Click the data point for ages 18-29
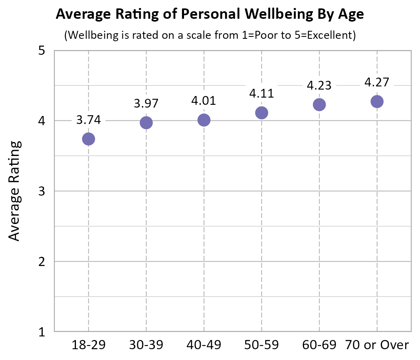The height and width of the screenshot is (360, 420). (x=88, y=139)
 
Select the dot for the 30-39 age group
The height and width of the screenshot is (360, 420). (x=146, y=123)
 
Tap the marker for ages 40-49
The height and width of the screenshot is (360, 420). (x=204, y=120)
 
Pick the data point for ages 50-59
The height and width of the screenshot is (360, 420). (x=262, y=113)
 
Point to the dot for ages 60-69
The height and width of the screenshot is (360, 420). (x=319, y=104)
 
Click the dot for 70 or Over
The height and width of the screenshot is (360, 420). (x=377, y=102)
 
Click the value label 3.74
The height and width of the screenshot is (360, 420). (x=88, y=120)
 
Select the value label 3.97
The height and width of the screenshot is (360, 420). (x=146, y=103)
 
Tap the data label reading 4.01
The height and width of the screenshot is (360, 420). (x=204, y=100)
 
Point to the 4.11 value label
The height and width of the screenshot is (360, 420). (x=262, y=93)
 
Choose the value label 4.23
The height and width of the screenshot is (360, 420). (x=319, y=85)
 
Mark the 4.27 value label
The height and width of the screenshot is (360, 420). (x=377, y=82)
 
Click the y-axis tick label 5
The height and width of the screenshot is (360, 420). (x=41, y=51)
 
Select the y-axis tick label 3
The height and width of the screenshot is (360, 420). (x=41, y=191)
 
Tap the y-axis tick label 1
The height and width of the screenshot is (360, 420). (x=41, y=332)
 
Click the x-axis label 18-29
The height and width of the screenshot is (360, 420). (x=88, y=345)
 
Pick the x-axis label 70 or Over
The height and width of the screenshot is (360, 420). (x=377, y=345)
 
